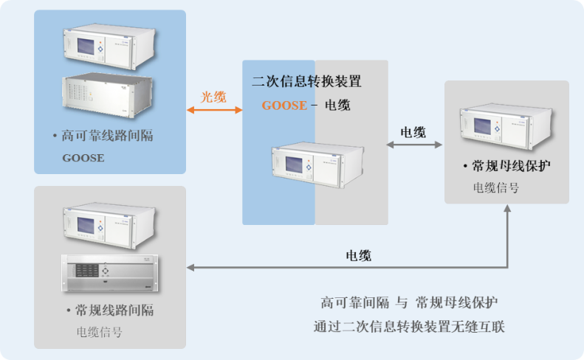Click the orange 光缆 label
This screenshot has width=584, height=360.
[x=214, y=97]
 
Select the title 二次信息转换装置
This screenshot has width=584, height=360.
[x=306, y=81]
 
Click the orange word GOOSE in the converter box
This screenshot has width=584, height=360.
[x=284, y=105]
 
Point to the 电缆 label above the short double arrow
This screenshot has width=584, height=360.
[x=413, y=132]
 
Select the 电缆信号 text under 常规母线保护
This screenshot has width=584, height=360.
[x=495, y=188]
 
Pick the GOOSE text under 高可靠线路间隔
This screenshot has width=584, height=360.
[x=83, y=158]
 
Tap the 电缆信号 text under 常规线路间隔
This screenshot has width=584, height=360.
[x=100, y=332]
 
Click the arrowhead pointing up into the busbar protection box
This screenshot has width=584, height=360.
[x=508, y=210]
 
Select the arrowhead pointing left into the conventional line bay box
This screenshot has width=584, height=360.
[x=192, y=267]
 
